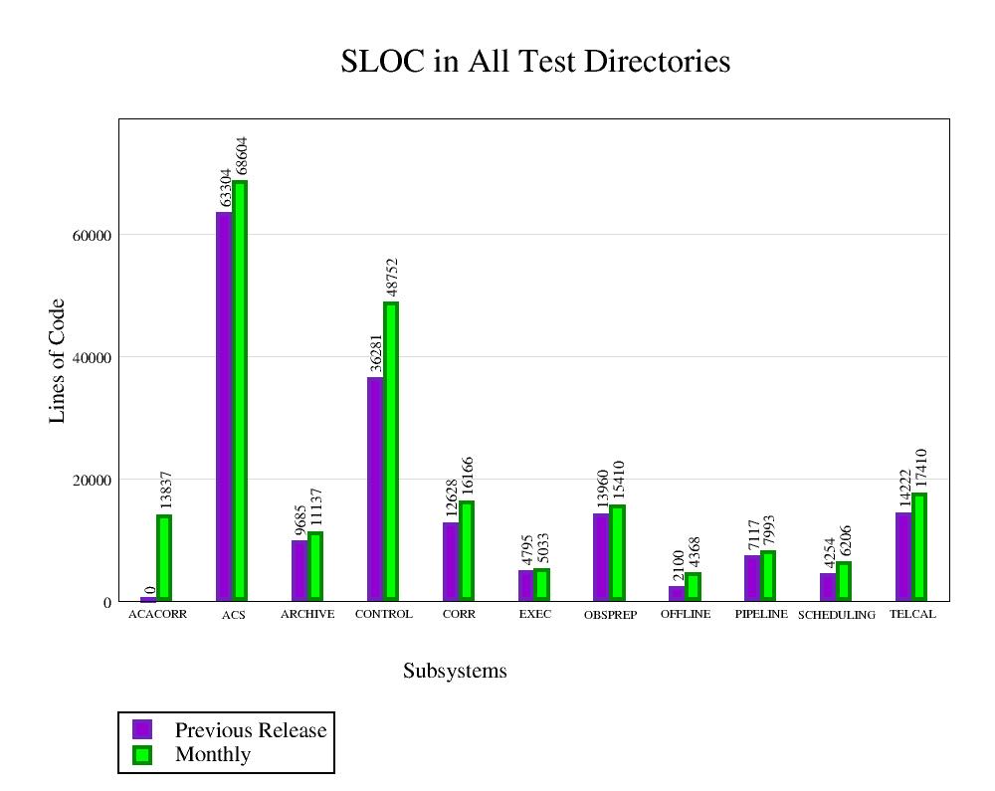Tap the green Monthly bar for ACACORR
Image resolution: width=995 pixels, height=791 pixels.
coord(164,557)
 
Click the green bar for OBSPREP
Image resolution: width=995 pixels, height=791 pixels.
coord(617,552)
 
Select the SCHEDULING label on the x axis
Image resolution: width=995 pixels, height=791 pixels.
coord(837,615)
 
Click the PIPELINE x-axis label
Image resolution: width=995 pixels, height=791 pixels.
coord(761,614)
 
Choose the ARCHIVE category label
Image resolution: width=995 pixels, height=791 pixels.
coord(307,614)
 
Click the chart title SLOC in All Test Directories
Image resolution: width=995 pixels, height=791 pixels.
coord(535,62)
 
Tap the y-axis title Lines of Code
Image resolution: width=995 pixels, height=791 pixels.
coord(57,360)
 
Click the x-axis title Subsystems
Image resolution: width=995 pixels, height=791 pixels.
coord(455,671)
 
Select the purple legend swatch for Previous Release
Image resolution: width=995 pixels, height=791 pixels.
coord(142,729)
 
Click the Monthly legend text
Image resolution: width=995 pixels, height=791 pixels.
coord(213,754)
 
